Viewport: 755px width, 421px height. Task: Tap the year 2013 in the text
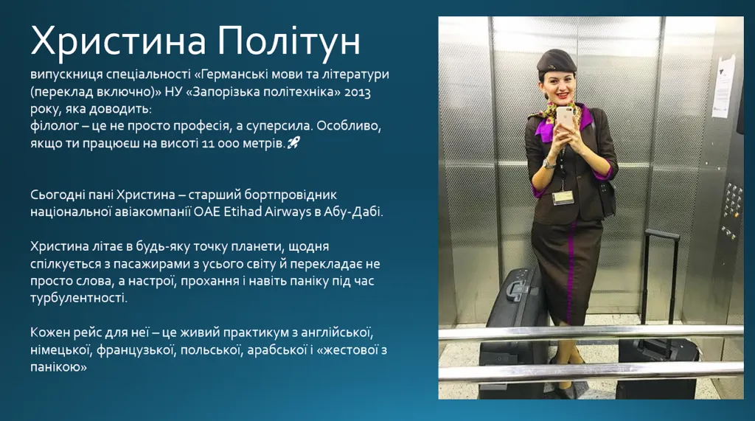coord(358,92)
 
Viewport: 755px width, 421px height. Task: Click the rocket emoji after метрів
coord(293,142)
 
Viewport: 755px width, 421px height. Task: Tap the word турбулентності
coord(79,298)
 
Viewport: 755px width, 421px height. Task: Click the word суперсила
coord(279,126)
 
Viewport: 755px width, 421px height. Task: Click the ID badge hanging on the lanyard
coord(562,198)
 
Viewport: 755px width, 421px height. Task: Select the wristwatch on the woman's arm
coord(549,164)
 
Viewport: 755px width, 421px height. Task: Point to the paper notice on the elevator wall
coord(724,87)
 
